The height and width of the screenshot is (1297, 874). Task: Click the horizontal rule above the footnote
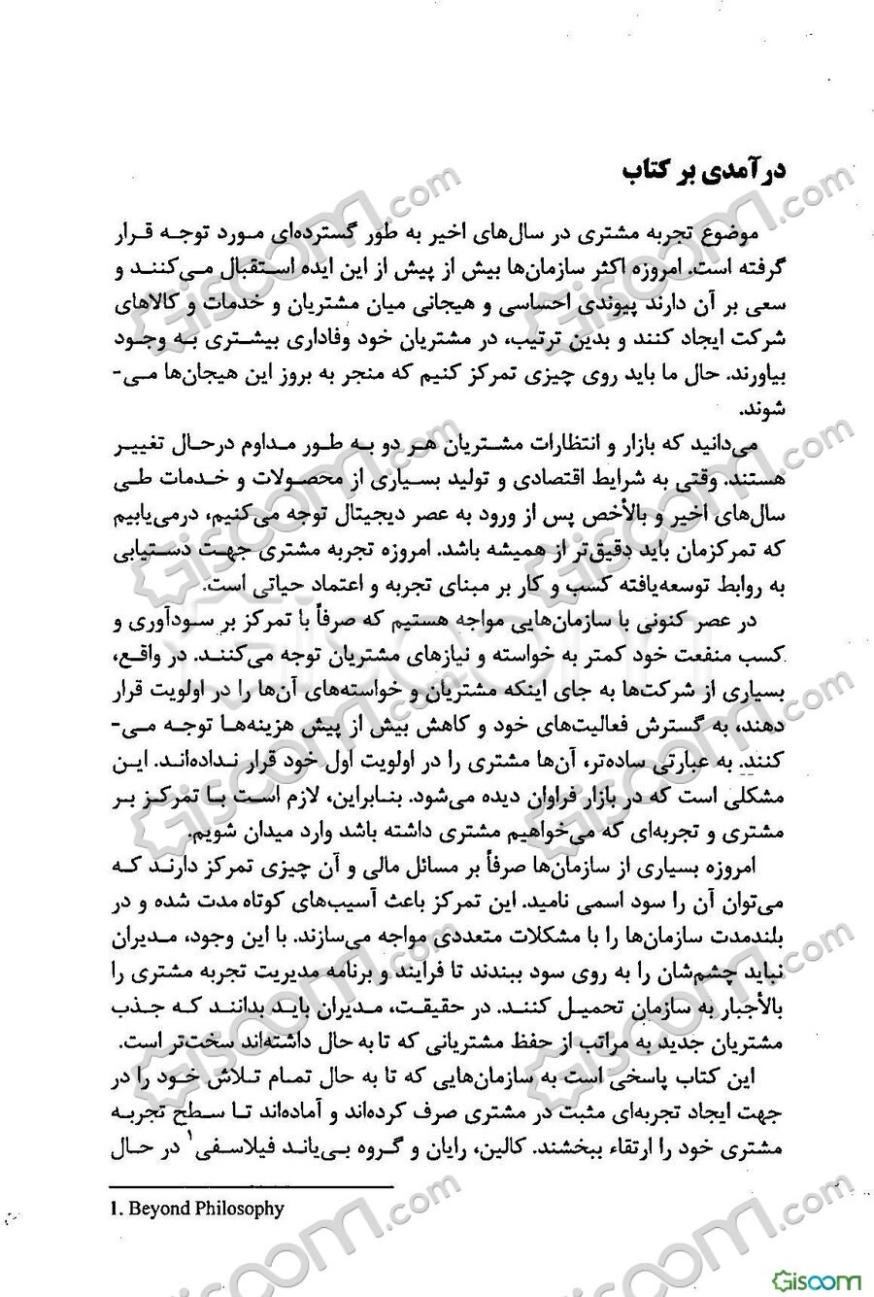252,1186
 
